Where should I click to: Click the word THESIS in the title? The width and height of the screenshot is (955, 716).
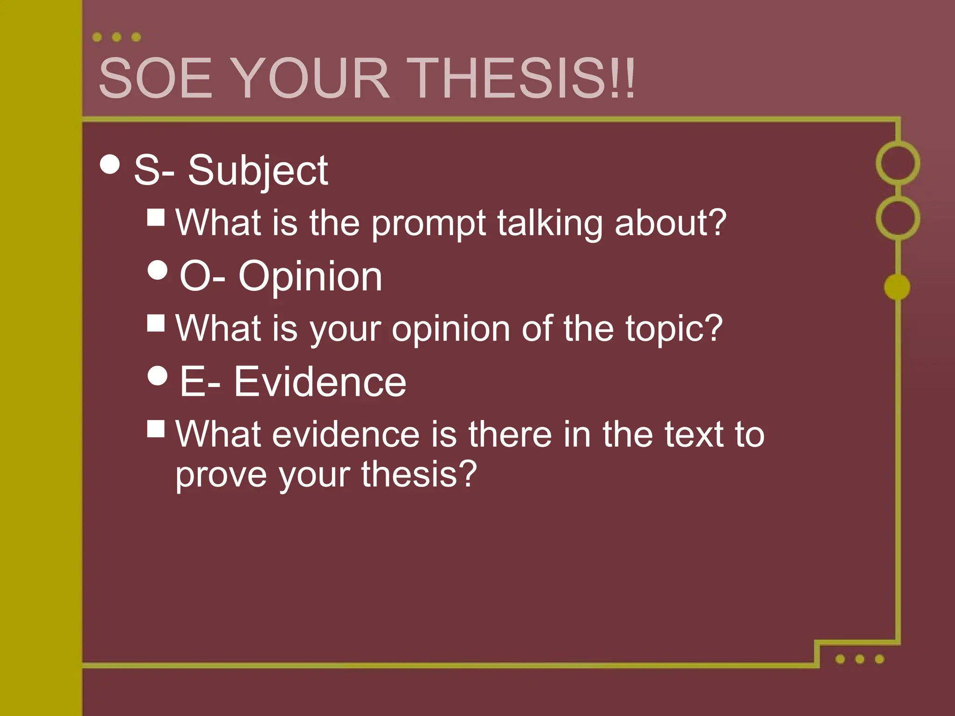[x=522, y=78]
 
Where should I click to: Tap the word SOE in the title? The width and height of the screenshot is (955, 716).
[x=156, y=78]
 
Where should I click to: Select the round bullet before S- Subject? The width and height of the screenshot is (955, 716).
[x=110, y=164]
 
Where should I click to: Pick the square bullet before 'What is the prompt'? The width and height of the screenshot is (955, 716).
[x=156, y=217]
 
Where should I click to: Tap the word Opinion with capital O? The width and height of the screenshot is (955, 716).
[x=310, y=276]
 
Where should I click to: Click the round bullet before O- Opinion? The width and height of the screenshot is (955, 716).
[x=157, y=269]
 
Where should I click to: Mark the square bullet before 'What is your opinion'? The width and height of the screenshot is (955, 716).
[x=156, y=323]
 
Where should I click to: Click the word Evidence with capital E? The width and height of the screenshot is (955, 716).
[x=320, y=382]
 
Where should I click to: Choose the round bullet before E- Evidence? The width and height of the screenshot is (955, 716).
[x=157, y=375]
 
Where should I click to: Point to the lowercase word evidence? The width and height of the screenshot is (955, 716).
[x=346, y=434]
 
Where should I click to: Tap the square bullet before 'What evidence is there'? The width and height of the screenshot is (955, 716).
[x=156, y=428]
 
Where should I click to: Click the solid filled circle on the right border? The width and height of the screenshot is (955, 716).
[x=897, y=287]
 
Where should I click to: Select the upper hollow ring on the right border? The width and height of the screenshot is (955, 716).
[x=898, y=163]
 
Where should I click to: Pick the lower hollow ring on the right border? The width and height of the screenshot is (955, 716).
[x=898, y=218]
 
